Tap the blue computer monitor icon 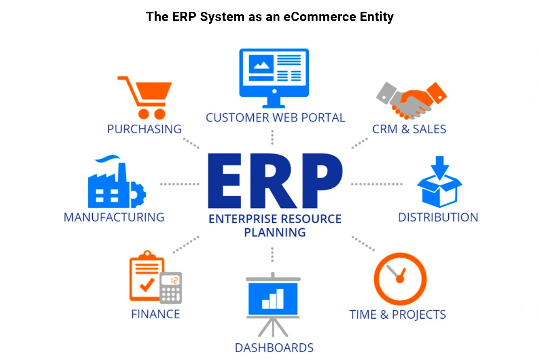274,78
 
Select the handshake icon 411,101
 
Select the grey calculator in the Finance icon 171,288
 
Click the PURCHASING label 144,129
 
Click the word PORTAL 323,118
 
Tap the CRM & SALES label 409,129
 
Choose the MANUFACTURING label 114,217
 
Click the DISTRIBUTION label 438,217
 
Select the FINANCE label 156,314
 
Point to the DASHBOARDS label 274,348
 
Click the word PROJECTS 419,315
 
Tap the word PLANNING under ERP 275,232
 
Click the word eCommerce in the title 320,17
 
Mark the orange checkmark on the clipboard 147,285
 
